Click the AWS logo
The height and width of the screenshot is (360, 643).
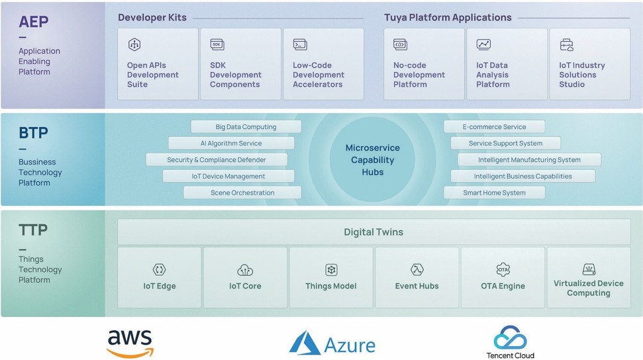click(x=130, y=343)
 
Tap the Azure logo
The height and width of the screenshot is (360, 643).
click(x=332, y=343)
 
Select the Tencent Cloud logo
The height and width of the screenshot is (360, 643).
click(x=510, y=342)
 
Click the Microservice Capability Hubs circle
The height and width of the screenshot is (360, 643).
click(x=372, y=159)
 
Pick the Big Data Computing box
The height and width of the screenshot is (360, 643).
click(x=246, y=126)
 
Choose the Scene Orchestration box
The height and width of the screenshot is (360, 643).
click(x=242, y=193)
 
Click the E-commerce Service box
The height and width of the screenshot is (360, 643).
click(x=494, y=126)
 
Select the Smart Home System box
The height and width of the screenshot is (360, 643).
click(x=494, y=193)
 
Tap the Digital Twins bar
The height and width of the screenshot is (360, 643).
click(x=374, y=232)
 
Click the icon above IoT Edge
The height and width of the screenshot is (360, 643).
click(x=159, y=269)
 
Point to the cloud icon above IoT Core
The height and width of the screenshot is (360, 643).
click(x=245, y=270)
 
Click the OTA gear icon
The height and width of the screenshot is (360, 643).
click(x=503, y=269)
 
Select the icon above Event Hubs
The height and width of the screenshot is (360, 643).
click(x=417, y=269)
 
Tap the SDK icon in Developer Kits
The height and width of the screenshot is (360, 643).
click(x=217, y=44)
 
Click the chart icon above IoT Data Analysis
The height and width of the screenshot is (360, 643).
click(x=483, y=44)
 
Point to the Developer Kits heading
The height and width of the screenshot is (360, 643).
click(x=152, y=18)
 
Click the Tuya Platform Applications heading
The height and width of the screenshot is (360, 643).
click(x=448, y=18)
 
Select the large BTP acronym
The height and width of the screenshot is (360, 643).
click(x=33, y=133)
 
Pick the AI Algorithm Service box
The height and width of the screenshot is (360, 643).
click(x=231, y=143)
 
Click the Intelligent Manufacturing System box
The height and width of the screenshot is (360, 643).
click(x=529, y=159)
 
